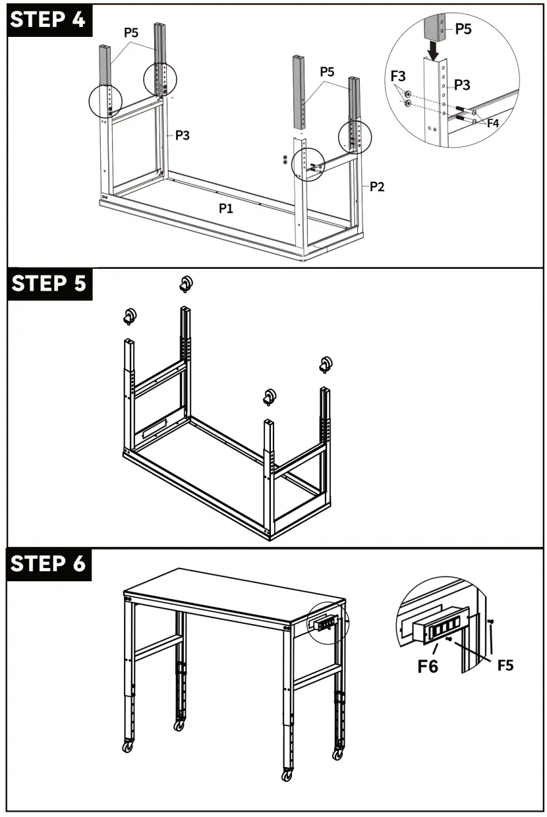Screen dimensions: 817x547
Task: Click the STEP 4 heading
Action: coord(48,19)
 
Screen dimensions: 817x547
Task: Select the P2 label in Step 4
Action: coord(376,186)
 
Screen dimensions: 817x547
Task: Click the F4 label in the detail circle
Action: coord(492,123)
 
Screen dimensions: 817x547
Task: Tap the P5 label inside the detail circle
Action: coord(463,29)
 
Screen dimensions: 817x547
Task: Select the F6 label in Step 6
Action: coord(428,666)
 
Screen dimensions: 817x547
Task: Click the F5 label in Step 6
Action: coord(505,665)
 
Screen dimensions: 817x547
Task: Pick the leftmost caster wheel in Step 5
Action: coord(129,317)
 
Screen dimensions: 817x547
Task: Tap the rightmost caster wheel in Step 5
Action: coord(325,364)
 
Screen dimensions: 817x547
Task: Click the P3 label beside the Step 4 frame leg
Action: coord(183,135)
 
